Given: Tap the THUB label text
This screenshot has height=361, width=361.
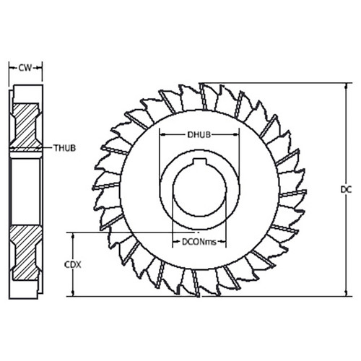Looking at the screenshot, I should click(64, 148).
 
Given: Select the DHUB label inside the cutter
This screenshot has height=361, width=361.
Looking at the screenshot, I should click(199, 134).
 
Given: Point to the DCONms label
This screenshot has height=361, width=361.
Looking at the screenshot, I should click(199, 243).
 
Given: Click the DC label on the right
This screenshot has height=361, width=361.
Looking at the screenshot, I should click(344, 189).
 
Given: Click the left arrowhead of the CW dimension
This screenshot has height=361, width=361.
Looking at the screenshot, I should click(11, 69).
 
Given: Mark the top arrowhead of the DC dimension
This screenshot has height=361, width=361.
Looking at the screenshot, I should click(334, 85).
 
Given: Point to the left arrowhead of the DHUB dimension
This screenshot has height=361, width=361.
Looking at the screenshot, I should click(161, 134).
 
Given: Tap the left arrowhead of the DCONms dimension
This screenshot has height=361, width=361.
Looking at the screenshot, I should click(173, 243).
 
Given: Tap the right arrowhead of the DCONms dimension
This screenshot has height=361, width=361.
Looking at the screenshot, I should click(226, 243).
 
